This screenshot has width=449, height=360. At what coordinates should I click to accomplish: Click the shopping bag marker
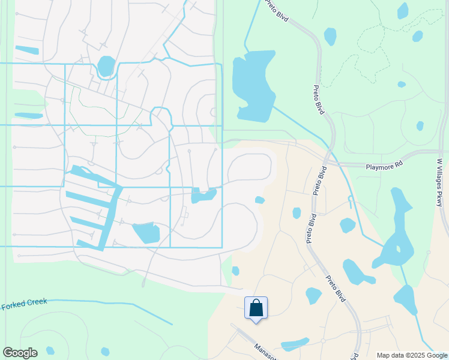tap(256, 308)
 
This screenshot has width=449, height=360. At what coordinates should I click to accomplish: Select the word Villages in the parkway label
tap(439, 177)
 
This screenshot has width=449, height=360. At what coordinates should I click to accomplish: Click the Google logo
tap(20, 353)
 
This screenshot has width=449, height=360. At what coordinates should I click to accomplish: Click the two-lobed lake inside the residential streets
tap(203, 196)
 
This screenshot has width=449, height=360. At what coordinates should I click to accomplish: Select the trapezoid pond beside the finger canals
tap(146, 233)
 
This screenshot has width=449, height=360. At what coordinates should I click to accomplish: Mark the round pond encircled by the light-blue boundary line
tap(106, 65)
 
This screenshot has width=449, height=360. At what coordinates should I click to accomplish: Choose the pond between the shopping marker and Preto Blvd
tap(313, 295)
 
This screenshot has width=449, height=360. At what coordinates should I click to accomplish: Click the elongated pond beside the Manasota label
tap(294, 344)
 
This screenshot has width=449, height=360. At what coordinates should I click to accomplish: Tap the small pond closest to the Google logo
tap(50, 350)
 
